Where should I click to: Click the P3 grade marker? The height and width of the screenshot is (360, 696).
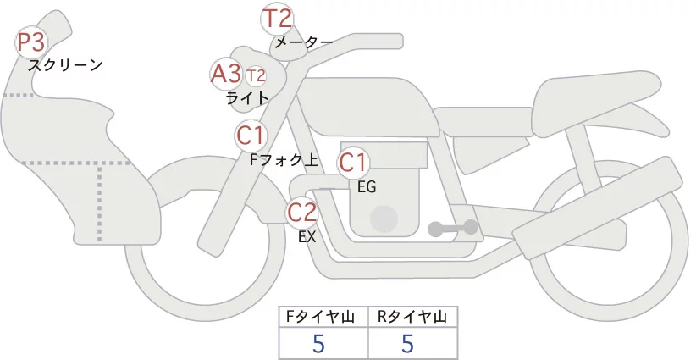(x=31, y=42)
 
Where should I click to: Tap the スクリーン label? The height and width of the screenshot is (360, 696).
(x=65, y=65)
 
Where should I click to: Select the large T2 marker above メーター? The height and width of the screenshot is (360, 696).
(x=278, y=19)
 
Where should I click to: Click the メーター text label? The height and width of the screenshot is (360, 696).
(x=304, y=42)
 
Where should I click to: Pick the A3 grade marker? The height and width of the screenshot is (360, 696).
(x=226, y=73)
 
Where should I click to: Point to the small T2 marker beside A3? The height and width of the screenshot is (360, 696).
(x=256, y=76)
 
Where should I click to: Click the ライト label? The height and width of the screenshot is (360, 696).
(x=247, y=98)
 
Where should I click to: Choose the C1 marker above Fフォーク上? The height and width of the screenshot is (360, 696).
(x=251, y=136)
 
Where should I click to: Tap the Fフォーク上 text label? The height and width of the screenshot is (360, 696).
(x=284, y=160)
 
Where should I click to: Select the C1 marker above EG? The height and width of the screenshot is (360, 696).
(x=353, y=163)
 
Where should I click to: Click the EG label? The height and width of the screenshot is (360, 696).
(x=367, y=187)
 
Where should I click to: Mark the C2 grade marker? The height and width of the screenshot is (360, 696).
(x=301, y=212)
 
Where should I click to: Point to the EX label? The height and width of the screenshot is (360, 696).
(x=307, y=237)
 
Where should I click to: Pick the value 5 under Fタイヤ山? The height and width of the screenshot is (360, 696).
(x=318, y=343)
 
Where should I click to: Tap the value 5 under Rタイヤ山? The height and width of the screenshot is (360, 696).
(x=407, y=343)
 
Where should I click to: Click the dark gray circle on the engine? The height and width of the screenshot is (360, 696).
(x=384, y=219)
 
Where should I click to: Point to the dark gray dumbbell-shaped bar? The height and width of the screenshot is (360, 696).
(x=453, y=228)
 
